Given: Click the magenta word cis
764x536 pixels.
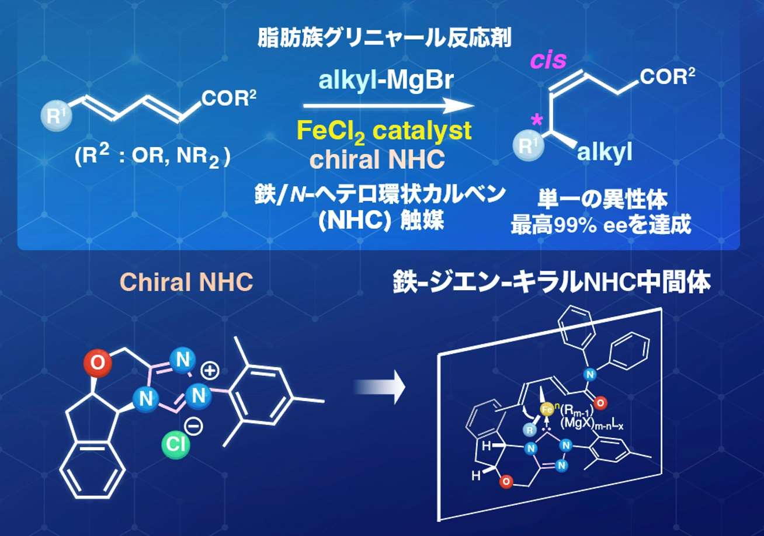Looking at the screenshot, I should click(548, 61).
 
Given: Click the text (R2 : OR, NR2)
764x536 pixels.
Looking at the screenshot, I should click(152, 158).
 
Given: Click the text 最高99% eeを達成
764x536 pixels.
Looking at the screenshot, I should click(601, 225).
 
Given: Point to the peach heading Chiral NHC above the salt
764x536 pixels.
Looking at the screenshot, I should click(186, 283).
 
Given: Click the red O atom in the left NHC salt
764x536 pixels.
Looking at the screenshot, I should click(98, 363).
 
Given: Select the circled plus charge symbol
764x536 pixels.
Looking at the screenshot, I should click(209, 371).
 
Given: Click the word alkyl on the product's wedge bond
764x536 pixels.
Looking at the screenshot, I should click(604, 153).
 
